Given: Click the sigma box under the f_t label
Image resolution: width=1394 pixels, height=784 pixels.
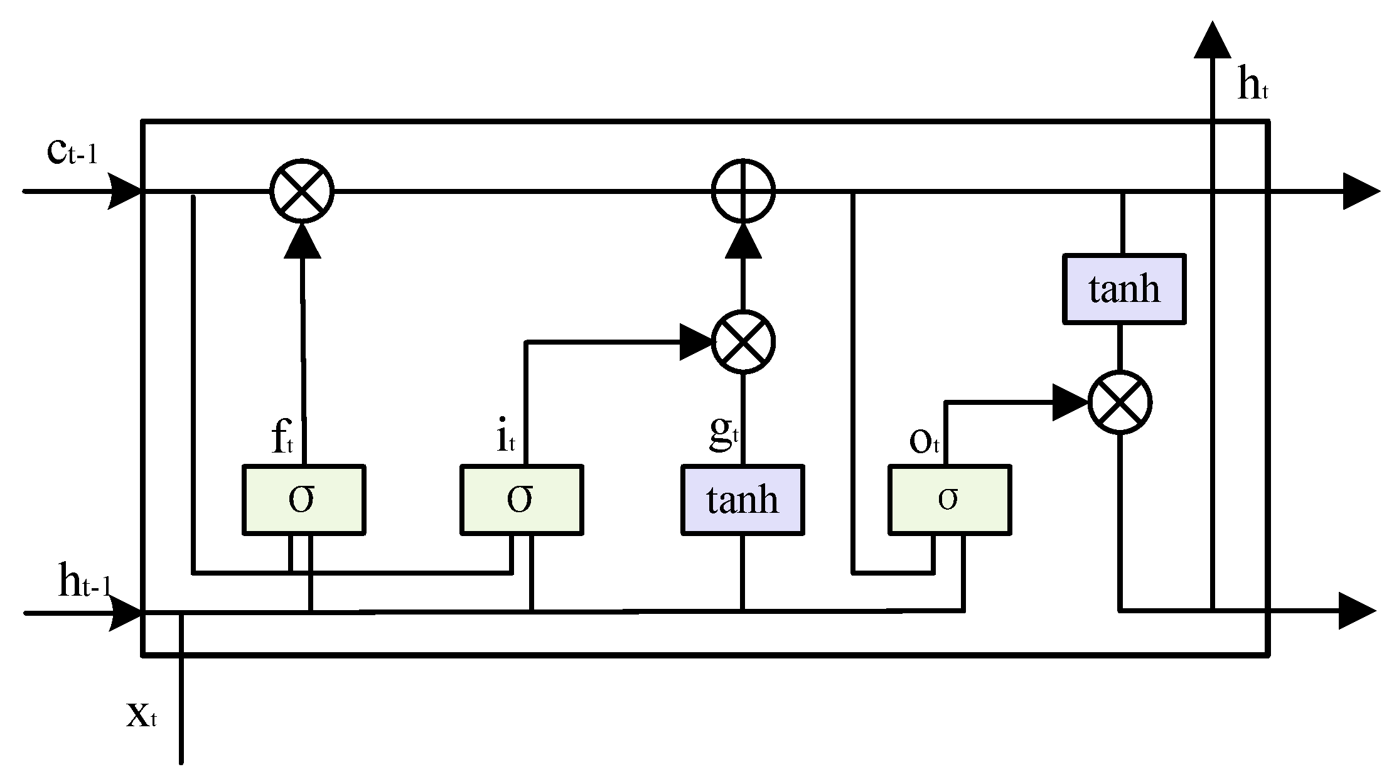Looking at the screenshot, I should tap(304, 500).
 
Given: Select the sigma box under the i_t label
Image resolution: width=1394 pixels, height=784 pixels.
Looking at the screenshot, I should tap(522, 500).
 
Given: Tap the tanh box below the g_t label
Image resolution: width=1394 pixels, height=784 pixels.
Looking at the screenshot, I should tap(743, 500).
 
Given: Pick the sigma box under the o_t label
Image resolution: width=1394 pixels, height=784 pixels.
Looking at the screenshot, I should tap(949, 500).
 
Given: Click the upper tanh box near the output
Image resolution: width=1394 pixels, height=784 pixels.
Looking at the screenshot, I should tap(1124, 289).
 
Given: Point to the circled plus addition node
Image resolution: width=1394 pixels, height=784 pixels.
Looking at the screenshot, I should tap(743, 190).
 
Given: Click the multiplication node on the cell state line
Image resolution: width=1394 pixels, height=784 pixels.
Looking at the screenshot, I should tap(302, 190).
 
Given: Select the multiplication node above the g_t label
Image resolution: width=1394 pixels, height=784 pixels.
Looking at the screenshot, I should tap(743, 342).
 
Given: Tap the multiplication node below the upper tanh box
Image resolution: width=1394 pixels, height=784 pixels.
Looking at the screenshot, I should tap(1120, 402).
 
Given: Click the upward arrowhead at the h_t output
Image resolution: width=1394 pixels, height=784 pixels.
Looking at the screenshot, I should tap(1212, 41).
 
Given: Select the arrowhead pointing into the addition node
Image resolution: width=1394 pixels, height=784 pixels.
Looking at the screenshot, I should tap(743, 242).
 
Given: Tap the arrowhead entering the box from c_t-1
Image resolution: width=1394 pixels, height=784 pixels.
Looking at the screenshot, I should tap(124, 191).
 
